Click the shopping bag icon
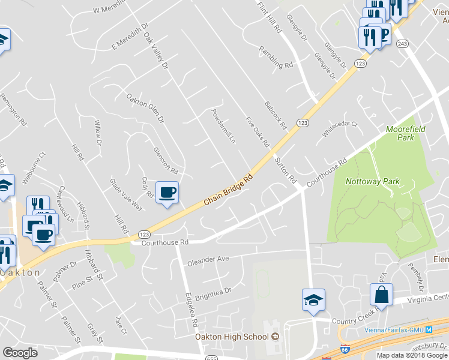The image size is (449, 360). tap(381, 294)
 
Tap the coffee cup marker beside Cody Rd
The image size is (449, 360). tap(167, 192)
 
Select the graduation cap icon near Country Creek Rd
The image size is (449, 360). tap(313, 299)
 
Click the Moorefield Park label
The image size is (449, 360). tap(400, 133)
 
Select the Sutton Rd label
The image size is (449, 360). tap(285, 169)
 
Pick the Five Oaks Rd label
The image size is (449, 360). tap(258, 132)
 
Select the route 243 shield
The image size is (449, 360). tap(402, 43)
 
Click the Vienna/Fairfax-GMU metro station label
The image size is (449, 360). tap(399, 330)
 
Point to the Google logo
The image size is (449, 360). tap(20, 353)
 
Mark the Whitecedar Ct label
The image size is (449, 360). tap(340, 128)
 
